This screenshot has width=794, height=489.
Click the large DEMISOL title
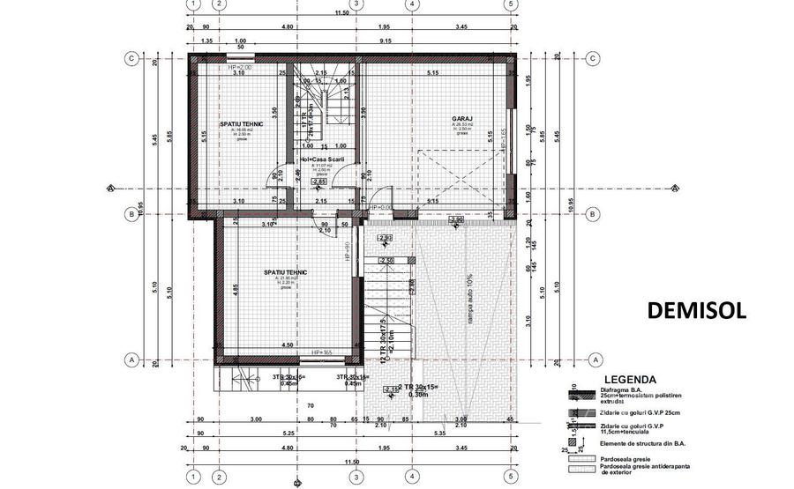[697, 310]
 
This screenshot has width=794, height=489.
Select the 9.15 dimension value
[386, 41]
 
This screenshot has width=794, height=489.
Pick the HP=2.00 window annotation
[240, 67]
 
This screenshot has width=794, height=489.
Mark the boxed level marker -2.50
[386, 262]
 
